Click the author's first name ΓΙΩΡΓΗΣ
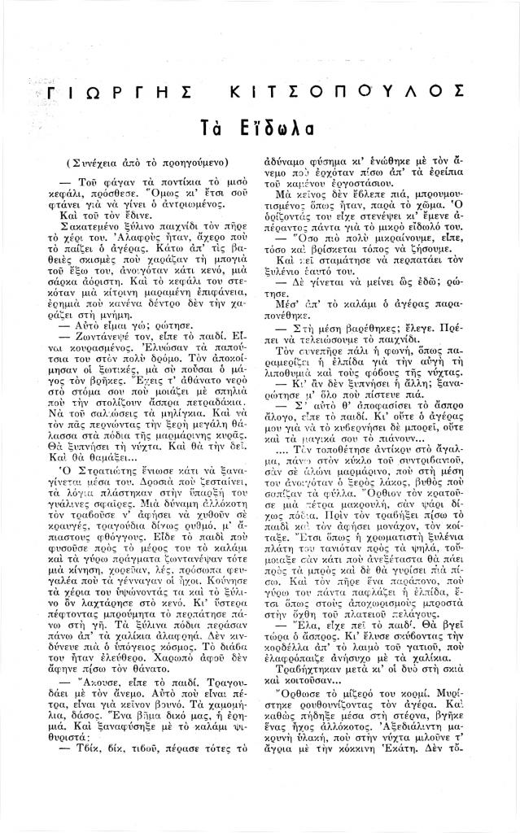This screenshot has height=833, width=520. [x=100, y=93]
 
